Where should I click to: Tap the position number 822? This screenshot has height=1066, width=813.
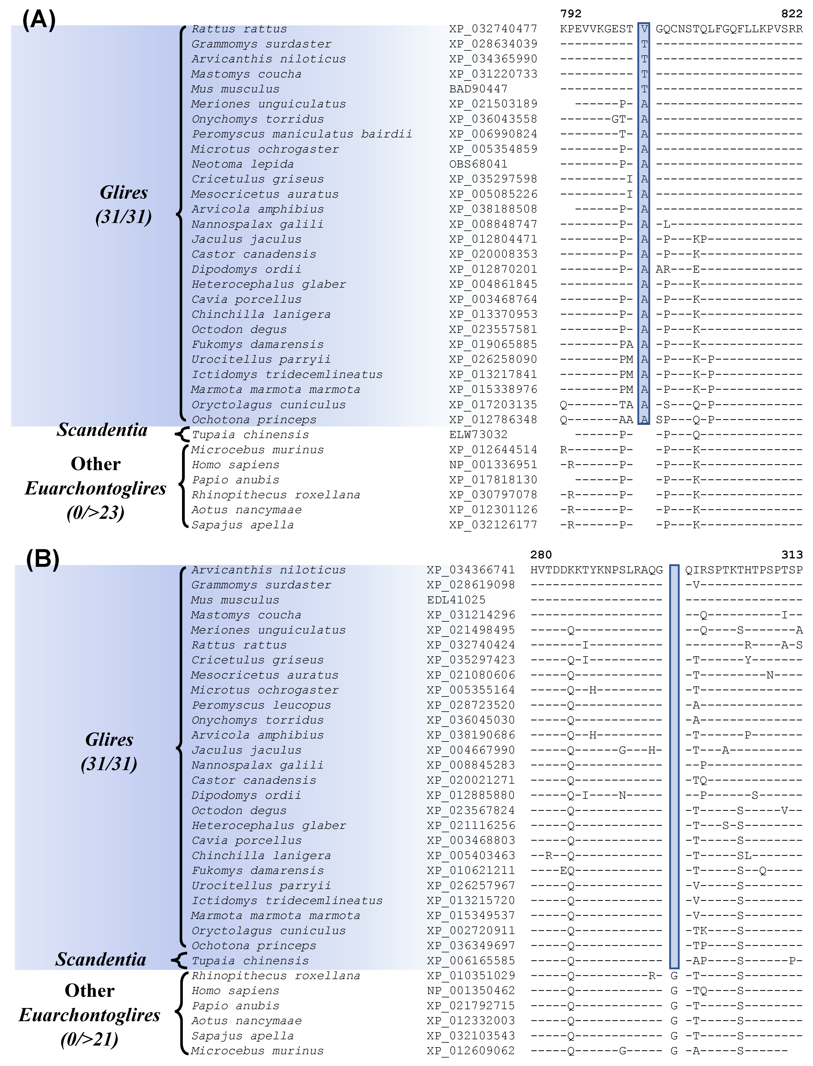[792, 13]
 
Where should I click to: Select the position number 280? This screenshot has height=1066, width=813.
[541, 555]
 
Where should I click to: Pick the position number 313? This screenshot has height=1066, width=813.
[792, 555]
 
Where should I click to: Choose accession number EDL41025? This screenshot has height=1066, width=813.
[456, 600]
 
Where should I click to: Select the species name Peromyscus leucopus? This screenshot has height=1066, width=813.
[261, 705]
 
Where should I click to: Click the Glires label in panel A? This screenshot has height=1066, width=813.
[124, 193]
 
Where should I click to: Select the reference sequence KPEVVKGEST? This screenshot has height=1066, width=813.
[596, 29]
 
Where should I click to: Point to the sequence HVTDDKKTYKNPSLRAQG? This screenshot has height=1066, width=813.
[596, 570]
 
